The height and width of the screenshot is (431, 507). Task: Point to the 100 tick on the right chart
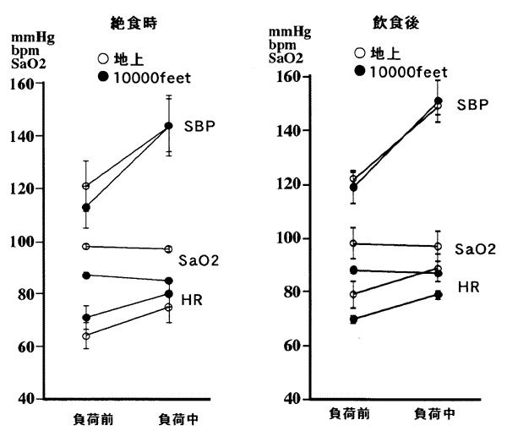pyautogui.click(x=289, y=238)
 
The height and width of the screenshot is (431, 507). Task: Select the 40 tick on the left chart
pyautogui.click(x=30, y=399)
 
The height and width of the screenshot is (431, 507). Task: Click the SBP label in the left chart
pyautogui.click(x=199, y=126)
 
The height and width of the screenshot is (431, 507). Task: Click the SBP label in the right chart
pyautogui.click(x=473, y=104)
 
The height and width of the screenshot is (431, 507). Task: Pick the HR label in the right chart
pyautogui.click(x=468, y=288)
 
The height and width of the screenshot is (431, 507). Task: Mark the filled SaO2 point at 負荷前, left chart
pyautogui.click(x=85, y=276)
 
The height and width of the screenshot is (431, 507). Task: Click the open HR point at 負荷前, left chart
pyautogui.click(x=85, y=336)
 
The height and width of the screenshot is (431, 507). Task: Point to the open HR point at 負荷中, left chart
pyautogui.click(x=168, y=307)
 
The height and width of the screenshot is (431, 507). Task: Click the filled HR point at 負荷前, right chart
pyautogui.click(x=353, y=319)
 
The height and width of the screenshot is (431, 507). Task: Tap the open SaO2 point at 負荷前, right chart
pyautogui.click(x=353, y=243)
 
